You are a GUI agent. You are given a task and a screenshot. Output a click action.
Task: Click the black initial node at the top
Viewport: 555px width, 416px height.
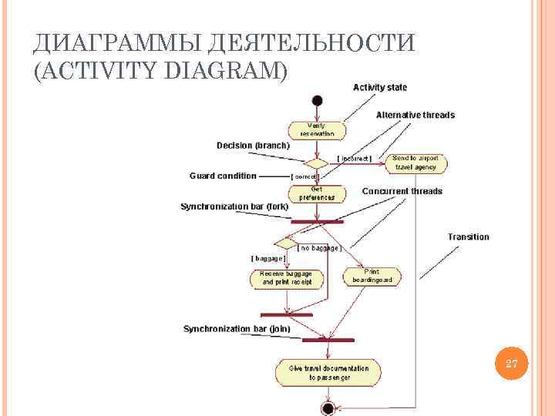click(x=317, y=101)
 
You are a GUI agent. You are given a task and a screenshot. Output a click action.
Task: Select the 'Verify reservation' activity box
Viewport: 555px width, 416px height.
click(x=317, y=129)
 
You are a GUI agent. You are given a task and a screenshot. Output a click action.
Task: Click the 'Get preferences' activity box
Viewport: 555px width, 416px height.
click(x=317, y=193)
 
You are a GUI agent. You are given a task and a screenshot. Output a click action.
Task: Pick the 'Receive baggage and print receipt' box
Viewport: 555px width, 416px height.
click(x=286, y=278)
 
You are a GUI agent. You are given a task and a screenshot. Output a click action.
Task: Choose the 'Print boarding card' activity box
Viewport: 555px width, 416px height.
click(x=372, y=277)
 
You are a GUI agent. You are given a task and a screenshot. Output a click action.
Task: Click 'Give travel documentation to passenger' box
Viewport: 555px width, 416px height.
click(x=328, y=373)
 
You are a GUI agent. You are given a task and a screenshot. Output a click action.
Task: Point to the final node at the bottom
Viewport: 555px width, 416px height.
click(x=328, y=408)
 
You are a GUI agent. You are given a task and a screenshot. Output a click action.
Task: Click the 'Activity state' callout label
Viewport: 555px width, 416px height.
click(x=380, y=88)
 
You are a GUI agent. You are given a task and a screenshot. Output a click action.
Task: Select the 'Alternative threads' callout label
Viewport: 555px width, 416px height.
click(x=415, y=116)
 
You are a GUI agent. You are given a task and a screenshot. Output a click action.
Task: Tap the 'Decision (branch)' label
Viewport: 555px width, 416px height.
click(x=253, y=145)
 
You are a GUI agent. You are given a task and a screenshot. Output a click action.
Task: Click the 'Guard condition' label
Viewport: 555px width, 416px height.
click(x=223, y=176)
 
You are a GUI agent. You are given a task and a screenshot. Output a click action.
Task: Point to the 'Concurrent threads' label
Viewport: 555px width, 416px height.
click(x=402, y=191)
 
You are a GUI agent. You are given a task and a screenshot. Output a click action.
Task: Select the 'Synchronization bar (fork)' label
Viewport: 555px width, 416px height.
click(x=234, y=206)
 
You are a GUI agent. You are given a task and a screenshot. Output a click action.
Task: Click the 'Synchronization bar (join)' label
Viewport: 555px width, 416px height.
click(x=236, y=329)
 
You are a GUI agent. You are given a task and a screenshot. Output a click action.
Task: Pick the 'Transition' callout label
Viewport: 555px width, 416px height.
click(x=468, y=237)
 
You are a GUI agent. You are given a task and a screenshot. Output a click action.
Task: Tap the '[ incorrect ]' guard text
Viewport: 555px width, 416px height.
click(x=355, y=159)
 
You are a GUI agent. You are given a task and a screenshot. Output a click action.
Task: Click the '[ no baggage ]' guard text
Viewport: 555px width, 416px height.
click(x=319, y=248)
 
